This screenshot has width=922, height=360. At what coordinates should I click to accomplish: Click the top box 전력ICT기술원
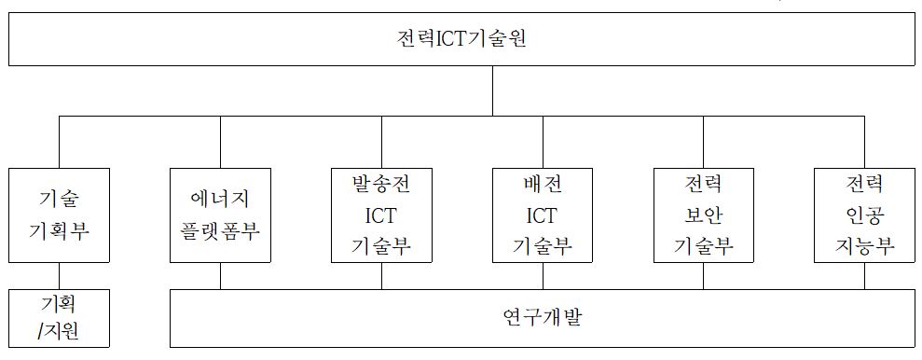coord(461,42)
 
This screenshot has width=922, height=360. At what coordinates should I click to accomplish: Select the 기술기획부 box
coord(59,215)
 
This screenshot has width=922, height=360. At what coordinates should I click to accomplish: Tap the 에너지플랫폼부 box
coord(220,215)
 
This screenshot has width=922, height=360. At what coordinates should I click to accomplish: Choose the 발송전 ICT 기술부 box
coord(381,215)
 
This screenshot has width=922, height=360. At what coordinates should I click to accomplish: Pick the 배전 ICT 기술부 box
coord(543,215)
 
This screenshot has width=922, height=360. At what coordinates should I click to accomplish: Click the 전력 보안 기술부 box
coord(704,215)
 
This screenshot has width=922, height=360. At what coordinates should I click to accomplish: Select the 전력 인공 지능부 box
coord(864,215)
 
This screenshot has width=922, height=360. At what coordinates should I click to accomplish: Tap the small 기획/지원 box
coord(59,318)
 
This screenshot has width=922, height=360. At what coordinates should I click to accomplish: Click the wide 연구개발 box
coord(542,318)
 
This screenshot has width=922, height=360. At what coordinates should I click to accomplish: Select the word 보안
coord(704,215)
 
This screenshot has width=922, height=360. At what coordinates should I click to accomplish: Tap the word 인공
coord(864,215)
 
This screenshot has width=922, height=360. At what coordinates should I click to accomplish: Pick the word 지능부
coord(864,246)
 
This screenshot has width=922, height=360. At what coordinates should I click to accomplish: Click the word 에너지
coord(220,200)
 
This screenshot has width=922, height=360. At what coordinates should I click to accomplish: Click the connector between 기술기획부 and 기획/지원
coord(59,276)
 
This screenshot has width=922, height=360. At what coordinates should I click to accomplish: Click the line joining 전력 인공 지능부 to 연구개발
coord(864,276)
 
